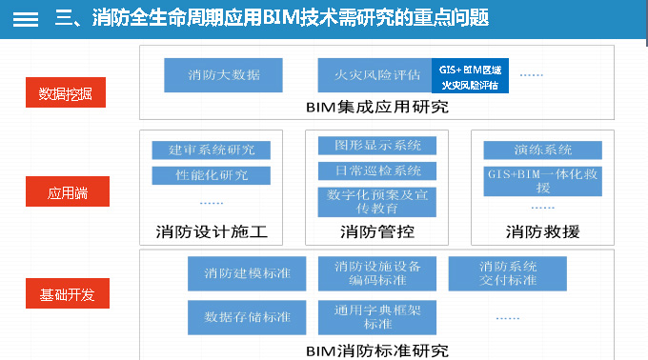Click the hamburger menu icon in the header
pyautogui.click(x=26, y=18)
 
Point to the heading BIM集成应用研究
pyautogui.click(x=377, y=107)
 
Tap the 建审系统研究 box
pyautogui.click(x=212, y=150)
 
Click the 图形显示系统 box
pyautogui.click(x=377, y=146)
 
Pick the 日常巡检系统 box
pyautogui.click(x=377, y=171)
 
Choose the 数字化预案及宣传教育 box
pyautogui.click(x=377, y=202)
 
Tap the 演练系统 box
pyautogui.click(x=542, y=150)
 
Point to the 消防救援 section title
pyautogui.click(x=542, y=231)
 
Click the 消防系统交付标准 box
pyautogui.click(x=508, y=273)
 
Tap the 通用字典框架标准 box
pyautogui.click(x=377, y=315)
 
